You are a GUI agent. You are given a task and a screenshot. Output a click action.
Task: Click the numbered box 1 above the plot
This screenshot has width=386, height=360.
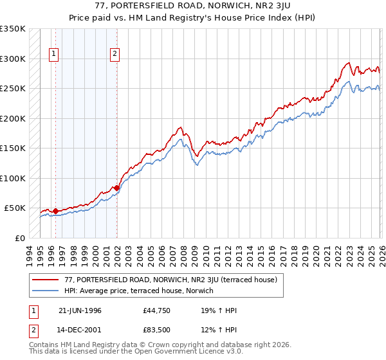pyautogui.click(x=53, y=55)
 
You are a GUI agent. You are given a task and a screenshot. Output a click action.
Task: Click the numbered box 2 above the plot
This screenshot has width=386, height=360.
pyautogui.click(x=115, y=55)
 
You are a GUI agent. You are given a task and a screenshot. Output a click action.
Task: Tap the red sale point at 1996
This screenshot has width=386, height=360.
pyautogui.click(x=55, y=210)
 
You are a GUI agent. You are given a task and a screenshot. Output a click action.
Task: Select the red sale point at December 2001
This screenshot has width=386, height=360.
pyautogui.click(x=116, y=188)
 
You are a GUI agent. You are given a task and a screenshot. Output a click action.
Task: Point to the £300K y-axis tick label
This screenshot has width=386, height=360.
pyautogui.click(x=13, y=59)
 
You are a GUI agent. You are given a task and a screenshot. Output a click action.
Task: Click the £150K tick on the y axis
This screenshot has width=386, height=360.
pyautogui.click(x=13, y=148)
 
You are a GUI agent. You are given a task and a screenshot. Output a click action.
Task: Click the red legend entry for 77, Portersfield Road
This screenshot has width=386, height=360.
pyautogui.click(x=170, y=280)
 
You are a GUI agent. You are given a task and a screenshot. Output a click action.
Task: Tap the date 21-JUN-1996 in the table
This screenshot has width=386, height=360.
pyautogui.click(x=80, y=310)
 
